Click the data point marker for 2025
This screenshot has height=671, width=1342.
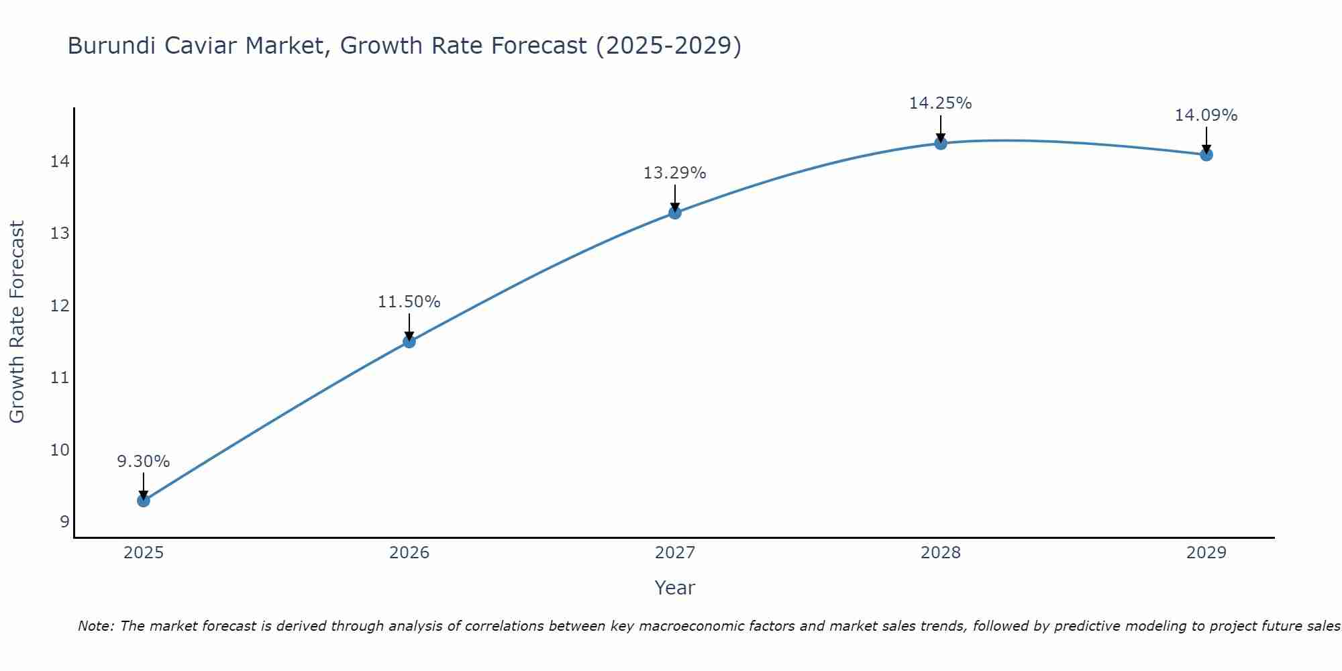(x=144, y=500)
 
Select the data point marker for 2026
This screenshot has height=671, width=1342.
(x=409, y=342)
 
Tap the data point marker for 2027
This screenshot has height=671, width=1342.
(x=675, y=213)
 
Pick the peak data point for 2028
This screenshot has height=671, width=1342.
(x=941, y=143)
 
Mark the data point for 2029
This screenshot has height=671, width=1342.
(x=1206, y=154)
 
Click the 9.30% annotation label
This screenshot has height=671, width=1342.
(x=144, y=462)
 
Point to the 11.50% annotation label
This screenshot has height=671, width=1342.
(x=409, y=302)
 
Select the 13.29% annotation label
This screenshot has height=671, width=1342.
(x=675, y=173)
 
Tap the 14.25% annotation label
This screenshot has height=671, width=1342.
(x=941, y=103)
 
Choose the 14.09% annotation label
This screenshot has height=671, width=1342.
(x=1206, y=115)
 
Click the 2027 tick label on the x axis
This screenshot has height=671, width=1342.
(x=675, y=553)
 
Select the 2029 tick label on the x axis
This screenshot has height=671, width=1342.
(x=1206, y=553)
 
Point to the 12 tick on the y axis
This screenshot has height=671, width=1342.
(x=60, y=306)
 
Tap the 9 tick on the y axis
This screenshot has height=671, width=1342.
(x=64, y=522)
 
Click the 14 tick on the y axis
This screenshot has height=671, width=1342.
(x=60, y=162)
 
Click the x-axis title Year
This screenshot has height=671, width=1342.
(x=675, y=588)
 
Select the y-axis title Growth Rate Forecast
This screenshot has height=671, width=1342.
(x=17, y=322)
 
